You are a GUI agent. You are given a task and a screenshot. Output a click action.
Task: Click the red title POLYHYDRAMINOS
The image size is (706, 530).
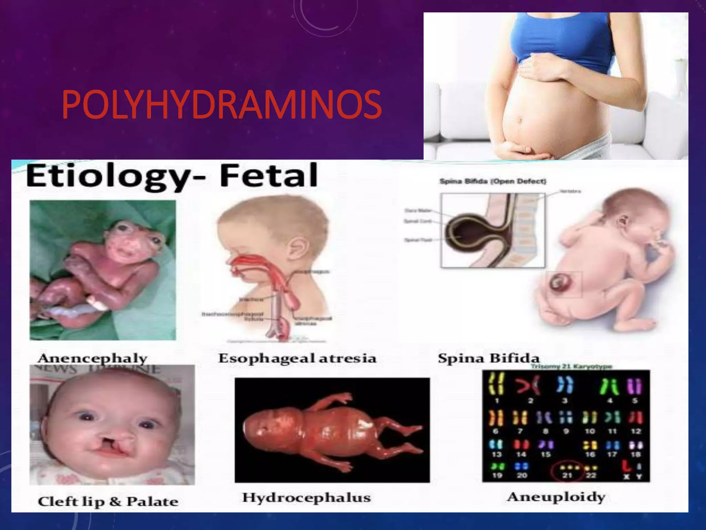click(222, 104)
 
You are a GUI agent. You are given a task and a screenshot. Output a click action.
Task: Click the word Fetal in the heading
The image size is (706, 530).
click(269, 175)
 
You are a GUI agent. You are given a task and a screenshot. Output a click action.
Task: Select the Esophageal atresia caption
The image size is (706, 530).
click(297, 358)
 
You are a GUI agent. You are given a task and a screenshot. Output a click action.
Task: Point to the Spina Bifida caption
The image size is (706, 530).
click(488, 358)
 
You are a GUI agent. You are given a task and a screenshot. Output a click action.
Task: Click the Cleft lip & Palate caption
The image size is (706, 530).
click(108, 501)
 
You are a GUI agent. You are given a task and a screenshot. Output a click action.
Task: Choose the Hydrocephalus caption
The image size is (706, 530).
click(306, 497)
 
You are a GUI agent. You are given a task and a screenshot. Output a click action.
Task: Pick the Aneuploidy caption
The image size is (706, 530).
click(556, 497)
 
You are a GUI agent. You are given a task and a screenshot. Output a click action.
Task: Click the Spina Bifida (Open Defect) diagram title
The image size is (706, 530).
click(493, 181)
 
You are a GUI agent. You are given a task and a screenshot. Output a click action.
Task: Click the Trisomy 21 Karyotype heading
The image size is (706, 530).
click(571, 366)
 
